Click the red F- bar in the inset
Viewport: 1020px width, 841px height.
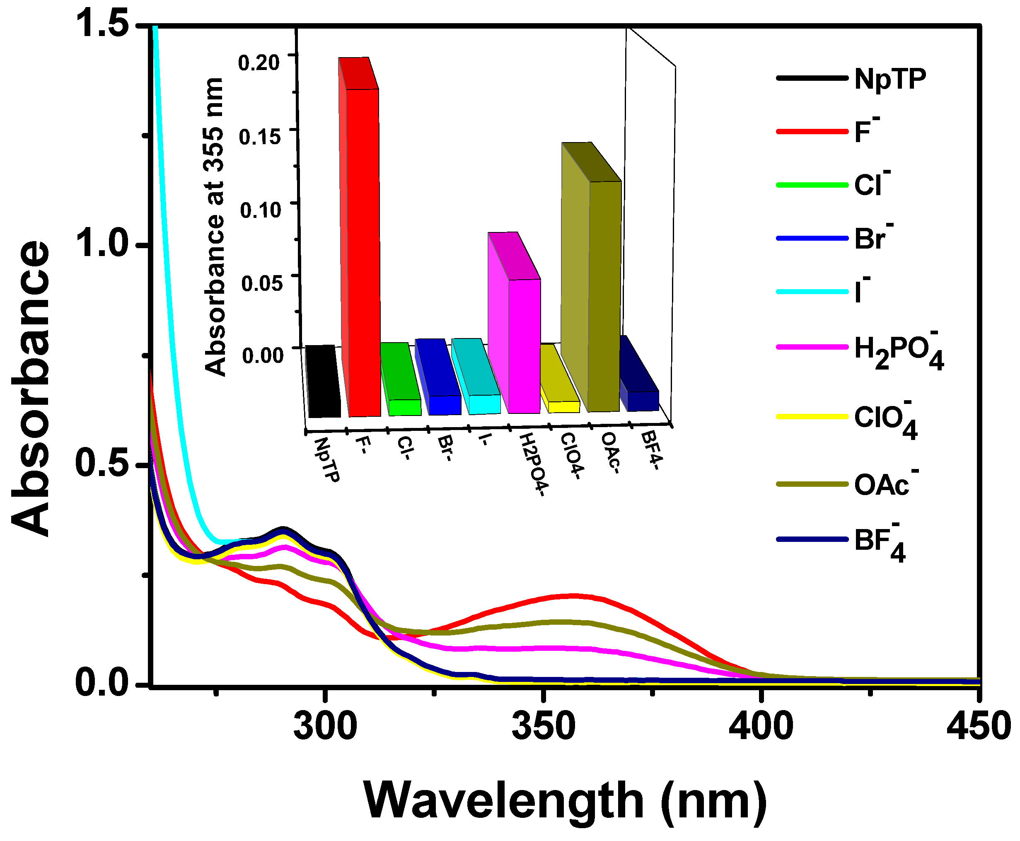pyautogui.click(x=362, y=252)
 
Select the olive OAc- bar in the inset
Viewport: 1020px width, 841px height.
pyautogui.click(x=604, y=295)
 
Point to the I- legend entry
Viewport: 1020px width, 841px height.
pyautogui.click(x=823, y=292)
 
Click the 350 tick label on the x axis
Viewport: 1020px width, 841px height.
pyautogui.click(x=544, y=726)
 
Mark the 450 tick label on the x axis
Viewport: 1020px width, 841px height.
pyautogui.click(x=978, y=726)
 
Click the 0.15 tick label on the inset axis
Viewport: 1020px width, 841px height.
pyautogui.click(x=260, y=137)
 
